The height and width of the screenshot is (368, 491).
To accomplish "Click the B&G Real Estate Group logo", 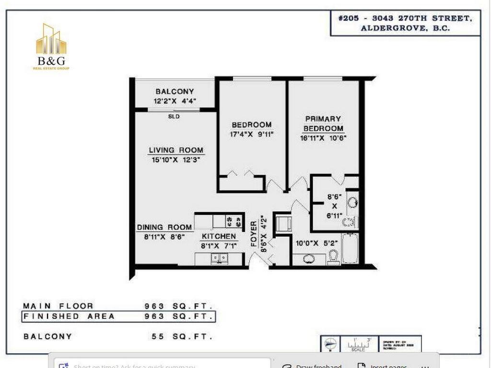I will pos(51,47).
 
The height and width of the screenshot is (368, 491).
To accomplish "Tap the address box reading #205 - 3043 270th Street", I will pos(405,23).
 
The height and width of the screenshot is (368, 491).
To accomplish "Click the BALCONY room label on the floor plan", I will pos(175,92).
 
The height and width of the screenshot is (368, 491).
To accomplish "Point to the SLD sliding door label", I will pos(174,116).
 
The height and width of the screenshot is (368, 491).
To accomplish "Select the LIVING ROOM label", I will pos(176,150).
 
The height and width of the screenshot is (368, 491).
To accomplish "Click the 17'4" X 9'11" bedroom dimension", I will pos(252,135).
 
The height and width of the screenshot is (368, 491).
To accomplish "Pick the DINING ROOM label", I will pos(164,227).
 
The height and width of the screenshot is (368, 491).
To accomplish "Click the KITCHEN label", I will pos(219,236).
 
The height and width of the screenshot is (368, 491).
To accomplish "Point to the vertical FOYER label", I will pos(254,234).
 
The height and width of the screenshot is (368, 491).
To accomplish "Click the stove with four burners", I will pos(234,221).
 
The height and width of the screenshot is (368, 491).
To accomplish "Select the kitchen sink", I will pos(220,258).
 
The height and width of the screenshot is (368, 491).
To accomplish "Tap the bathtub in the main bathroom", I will pos(350,248).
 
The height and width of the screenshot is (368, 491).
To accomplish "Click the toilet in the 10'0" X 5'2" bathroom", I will pos(334,257).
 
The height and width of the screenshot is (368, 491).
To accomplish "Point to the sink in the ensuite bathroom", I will pos(352,202).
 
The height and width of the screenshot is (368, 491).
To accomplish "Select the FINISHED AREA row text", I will pos(70,316).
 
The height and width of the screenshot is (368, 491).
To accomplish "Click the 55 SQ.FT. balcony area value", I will pos(182,336).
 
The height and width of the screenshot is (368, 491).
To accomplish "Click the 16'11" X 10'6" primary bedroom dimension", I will pos(323,138).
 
